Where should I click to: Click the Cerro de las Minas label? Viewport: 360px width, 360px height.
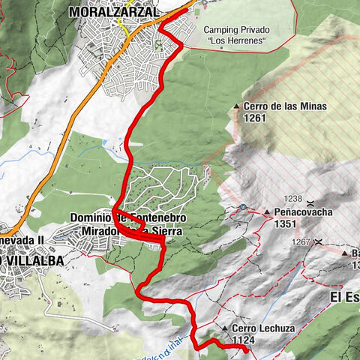coord(285,106)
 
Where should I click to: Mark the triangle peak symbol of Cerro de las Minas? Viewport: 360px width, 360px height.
coord(237,106)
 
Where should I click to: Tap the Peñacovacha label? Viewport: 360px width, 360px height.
coord(303,212)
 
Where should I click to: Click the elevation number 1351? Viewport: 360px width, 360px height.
coord(287,223)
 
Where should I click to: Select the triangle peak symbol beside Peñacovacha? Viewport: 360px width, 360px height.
coord(266,213)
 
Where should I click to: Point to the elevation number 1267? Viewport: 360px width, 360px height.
coord(301,241)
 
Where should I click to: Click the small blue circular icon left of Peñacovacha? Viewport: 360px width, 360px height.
coord(244,207)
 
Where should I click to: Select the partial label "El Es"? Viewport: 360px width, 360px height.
coord(344,296)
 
